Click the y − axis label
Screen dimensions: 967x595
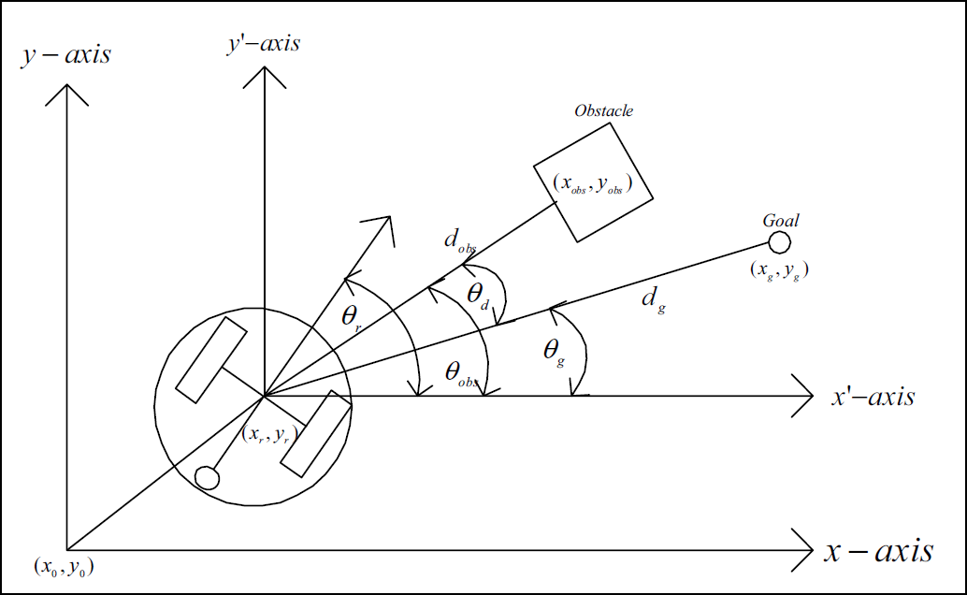[66, 55]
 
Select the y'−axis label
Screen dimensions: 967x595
[264, 43]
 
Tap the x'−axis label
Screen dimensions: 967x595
[873, 397]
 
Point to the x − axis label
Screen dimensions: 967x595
[879, 550]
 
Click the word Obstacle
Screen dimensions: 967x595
[604, 110]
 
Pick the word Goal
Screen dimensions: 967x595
[781, 221]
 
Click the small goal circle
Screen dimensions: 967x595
[780, 242]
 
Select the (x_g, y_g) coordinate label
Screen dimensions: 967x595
[780, 269]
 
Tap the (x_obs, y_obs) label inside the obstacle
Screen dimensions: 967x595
[593, 183]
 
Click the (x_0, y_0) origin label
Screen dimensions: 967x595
[64, 567]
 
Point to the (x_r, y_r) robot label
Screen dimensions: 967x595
[269, 434]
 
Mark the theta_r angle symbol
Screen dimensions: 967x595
[351, 317]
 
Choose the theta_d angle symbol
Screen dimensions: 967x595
[477, 295]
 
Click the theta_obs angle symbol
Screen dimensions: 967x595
[461, 373]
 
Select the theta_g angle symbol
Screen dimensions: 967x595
[554, 351]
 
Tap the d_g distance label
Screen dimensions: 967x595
[654, 299]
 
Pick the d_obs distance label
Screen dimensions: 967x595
[460, 240]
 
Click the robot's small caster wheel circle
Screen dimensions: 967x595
[207, 478]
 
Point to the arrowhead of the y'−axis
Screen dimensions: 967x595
[264, 77]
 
